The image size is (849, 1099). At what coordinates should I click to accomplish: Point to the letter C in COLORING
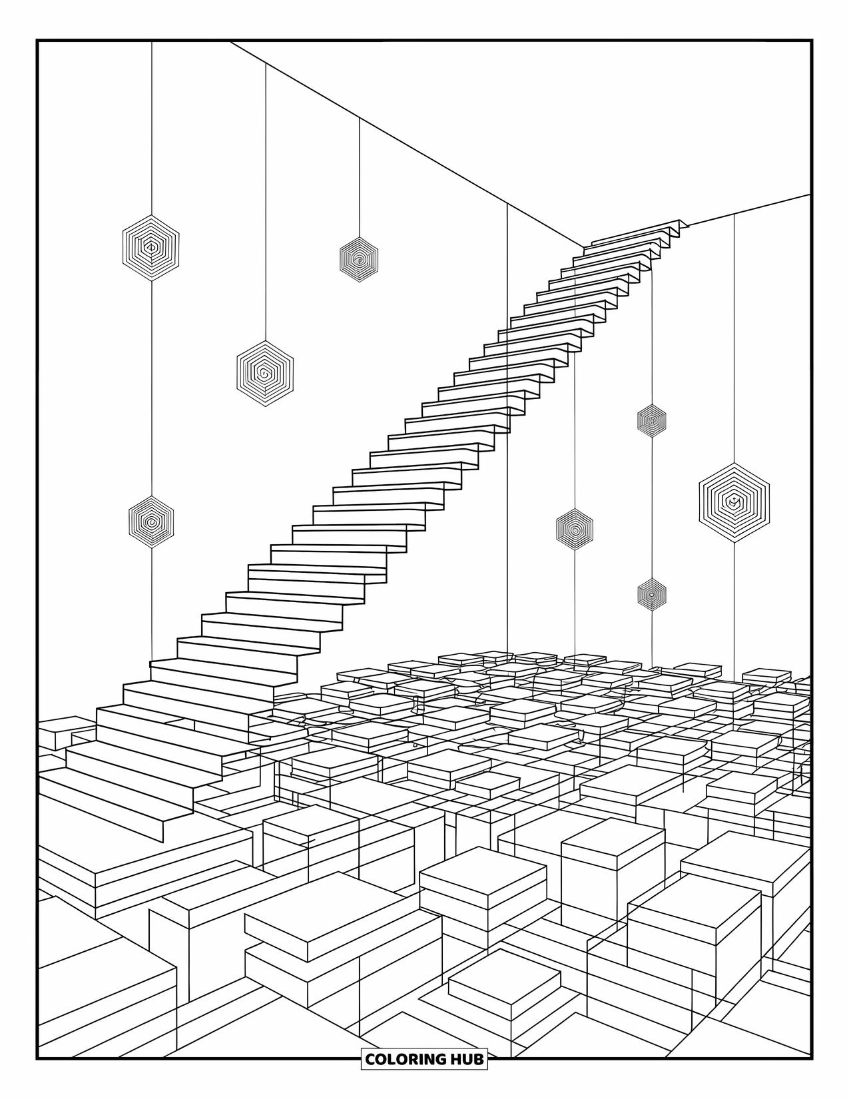pos(370,1058)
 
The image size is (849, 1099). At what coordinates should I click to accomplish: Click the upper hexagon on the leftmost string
pos(151,247)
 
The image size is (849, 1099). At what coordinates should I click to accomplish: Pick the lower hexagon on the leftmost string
pos(151,522)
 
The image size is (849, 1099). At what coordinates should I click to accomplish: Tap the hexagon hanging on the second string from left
pos(265,373)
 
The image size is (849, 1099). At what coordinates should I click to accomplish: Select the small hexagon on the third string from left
pos(359,259)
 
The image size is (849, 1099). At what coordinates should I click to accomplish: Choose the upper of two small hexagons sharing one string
pos(651,420)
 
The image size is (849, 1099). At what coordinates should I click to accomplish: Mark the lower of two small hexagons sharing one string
pos(651,593)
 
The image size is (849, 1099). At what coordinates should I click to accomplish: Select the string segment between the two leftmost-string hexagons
pos(151,386)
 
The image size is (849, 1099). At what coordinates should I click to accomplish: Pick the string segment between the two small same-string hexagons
pos(651,506)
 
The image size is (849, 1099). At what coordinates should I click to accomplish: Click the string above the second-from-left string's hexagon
pos(266,200)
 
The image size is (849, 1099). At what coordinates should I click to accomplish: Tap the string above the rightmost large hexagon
pos(734,333)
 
